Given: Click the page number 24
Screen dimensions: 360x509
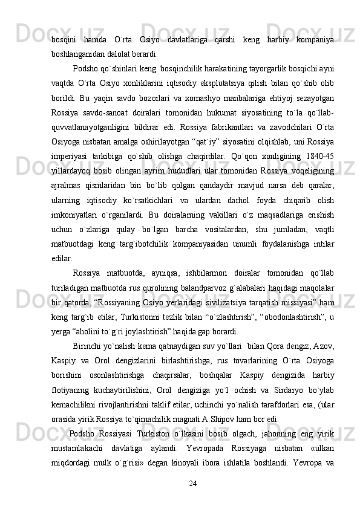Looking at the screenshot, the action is (x=194, y=484).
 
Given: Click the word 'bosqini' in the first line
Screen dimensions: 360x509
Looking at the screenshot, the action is (x=64, y=41).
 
